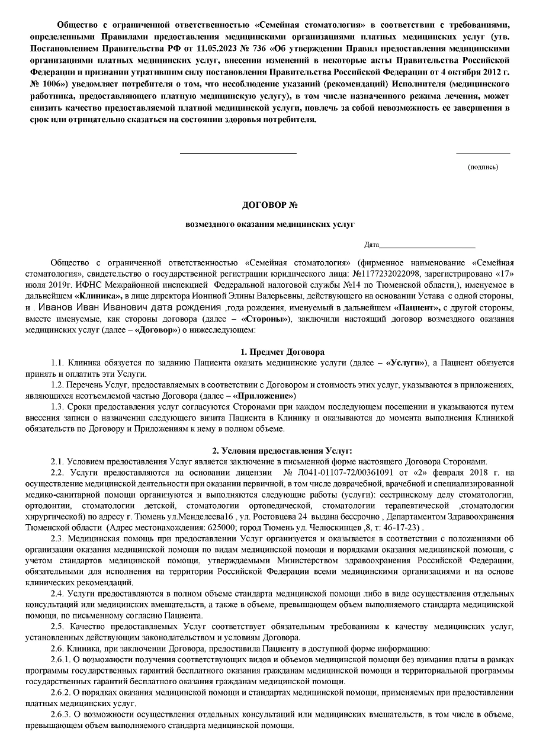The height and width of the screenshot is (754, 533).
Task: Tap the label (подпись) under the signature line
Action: [x=483, y=167]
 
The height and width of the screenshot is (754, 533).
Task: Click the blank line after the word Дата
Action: [x=427, y=245]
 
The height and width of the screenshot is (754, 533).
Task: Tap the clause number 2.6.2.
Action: [x=60, y=694]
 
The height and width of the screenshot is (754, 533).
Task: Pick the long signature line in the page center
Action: [x=237, y=154]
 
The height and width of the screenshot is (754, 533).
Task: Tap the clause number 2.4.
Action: [x=57, y=593]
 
